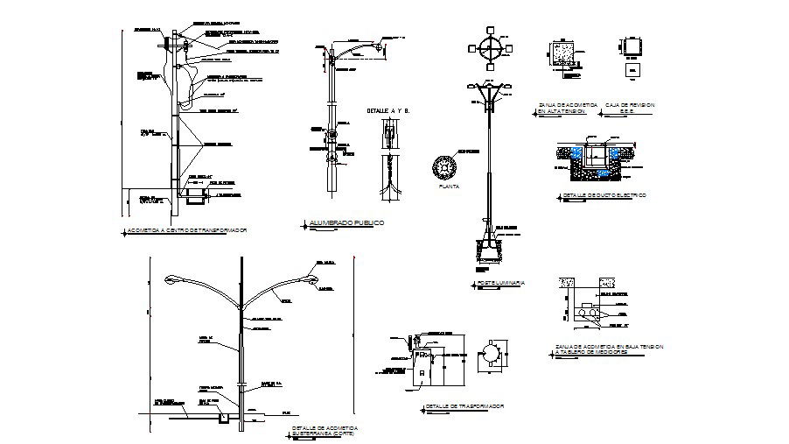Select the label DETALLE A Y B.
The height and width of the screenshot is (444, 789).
point(388,110)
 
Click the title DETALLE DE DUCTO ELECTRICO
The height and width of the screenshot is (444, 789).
point(604,194)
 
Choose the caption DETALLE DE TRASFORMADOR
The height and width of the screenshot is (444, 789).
point(464,406)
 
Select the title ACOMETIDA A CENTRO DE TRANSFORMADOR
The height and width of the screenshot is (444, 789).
point(186,229)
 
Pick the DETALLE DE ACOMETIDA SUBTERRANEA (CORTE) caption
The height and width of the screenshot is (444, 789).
point(326,430)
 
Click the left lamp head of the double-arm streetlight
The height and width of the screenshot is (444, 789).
point(176,279)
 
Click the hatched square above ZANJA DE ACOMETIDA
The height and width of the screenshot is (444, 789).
point(561,53)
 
